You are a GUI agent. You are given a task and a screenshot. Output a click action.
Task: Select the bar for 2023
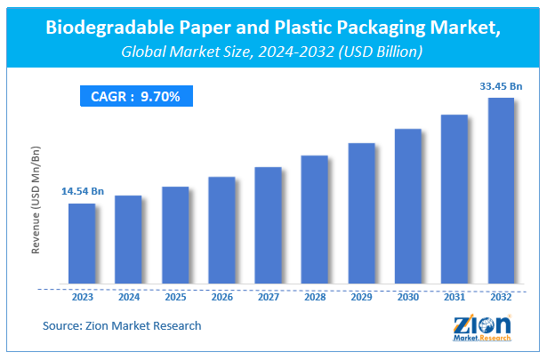coord(82,245)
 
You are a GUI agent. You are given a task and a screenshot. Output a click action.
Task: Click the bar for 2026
coord(221,232)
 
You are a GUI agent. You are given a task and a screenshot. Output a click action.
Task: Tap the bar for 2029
coord(361,215)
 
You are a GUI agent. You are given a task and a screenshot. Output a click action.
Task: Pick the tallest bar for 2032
coord(501,193)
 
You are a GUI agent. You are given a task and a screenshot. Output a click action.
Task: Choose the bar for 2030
coord(407,208)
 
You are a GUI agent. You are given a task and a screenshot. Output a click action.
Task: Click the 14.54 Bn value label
coord(82,191)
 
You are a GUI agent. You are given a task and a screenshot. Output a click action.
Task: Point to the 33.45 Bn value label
coord(501,85)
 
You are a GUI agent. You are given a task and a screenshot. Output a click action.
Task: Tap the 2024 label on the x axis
coord(128,297)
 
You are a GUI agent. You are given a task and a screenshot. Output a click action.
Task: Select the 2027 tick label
coord(268,297)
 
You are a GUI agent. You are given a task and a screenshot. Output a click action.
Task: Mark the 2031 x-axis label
coord(454,297)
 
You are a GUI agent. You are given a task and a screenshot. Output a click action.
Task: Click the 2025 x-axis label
coord(175,297)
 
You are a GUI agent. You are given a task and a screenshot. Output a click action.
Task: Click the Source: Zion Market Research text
coord(122,325)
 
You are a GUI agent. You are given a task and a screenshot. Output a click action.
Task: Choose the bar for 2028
coord(315,221)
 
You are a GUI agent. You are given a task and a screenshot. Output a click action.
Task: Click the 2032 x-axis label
coord(501,297)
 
